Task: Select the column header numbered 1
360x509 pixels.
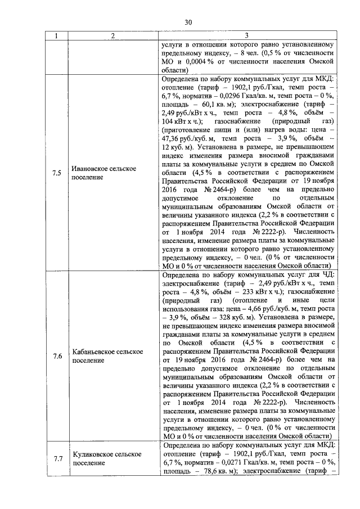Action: (x=56, y=36)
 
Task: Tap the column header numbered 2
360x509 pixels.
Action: (x=113, y=36)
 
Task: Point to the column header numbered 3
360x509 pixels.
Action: (x=247, y=36)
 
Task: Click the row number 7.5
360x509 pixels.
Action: (x=56, y=173)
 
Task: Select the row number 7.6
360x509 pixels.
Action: (x=56, y=355)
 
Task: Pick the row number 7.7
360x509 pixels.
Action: (x=56, y=458)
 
